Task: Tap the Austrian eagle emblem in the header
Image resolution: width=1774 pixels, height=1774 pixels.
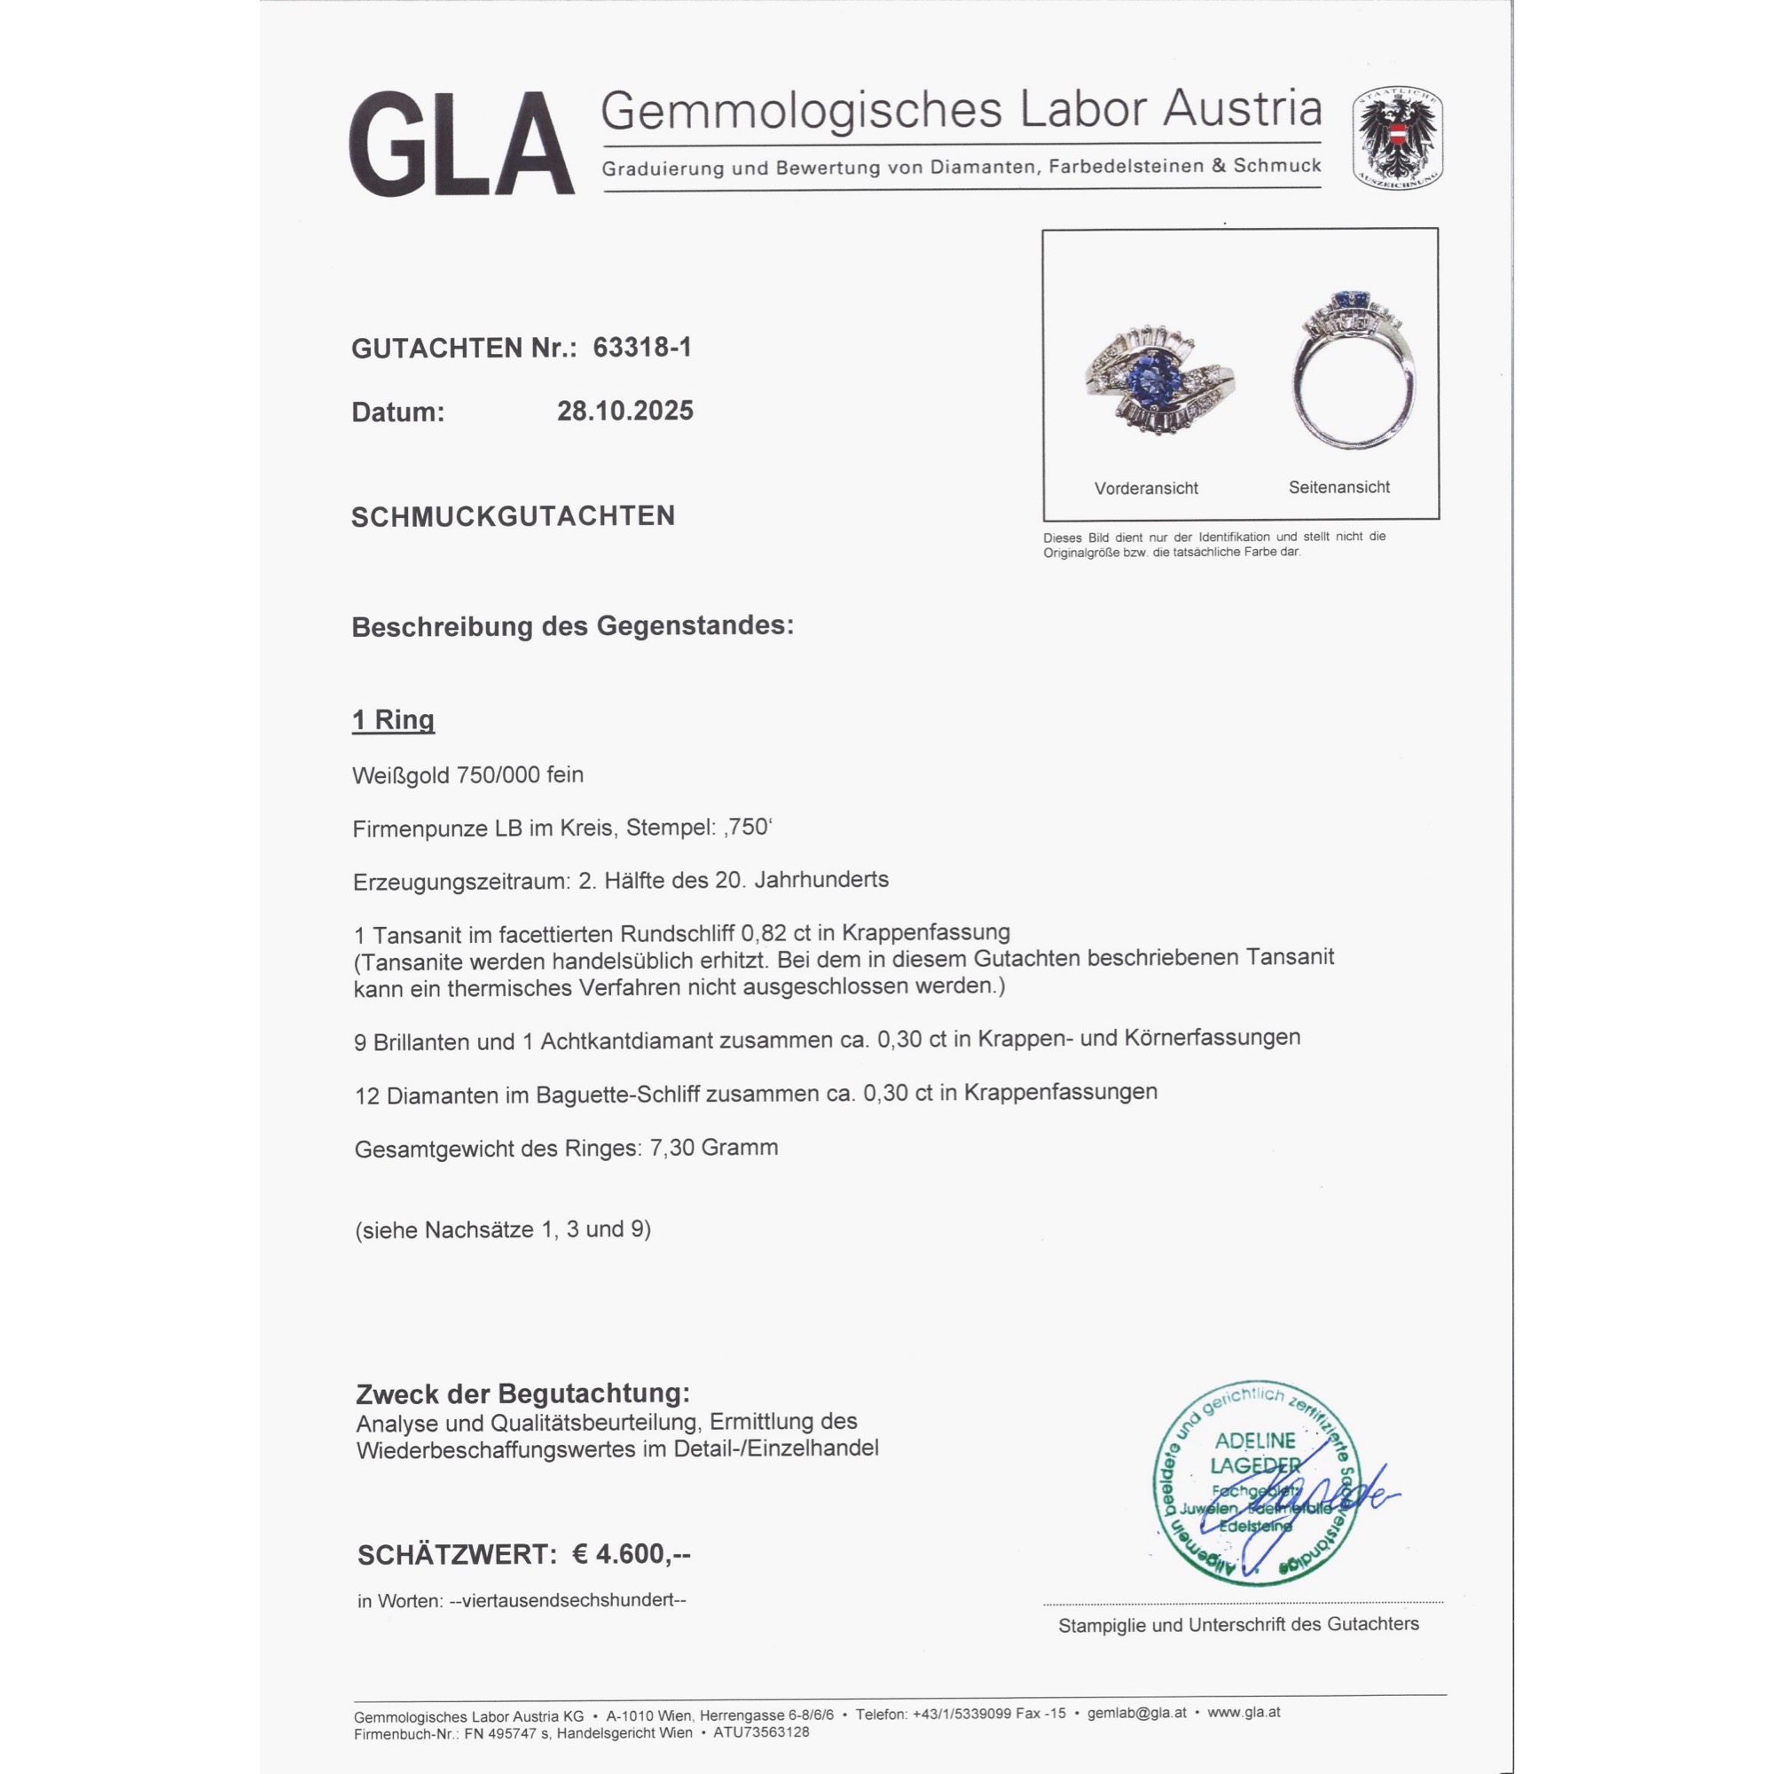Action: (1397, 138)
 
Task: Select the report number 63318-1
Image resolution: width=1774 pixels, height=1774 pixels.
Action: (642, 347)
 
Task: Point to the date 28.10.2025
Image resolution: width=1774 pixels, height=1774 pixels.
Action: (624, 411)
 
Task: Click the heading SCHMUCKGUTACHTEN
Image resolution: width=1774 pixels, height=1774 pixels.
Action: (513, 516)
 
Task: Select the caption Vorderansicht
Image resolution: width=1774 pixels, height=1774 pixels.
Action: (1146, 489)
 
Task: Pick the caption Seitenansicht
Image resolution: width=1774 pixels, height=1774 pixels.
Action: (1338, 488)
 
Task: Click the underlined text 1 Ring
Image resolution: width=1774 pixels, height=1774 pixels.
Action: (393, 720)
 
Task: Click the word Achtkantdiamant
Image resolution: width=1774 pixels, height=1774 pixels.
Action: (628, 1041)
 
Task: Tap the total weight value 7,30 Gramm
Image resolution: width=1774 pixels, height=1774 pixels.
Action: (713, 1148)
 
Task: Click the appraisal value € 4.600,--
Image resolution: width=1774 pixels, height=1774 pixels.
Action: (632, 1554)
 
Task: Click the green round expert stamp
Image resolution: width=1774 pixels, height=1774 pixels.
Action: (1255, 1482)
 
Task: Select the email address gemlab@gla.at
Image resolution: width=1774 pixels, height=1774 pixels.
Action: (1137, 1713)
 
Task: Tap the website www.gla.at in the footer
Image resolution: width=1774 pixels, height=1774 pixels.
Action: (1244, 1713)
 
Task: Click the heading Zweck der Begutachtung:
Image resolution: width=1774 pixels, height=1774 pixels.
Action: (522, 1393)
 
